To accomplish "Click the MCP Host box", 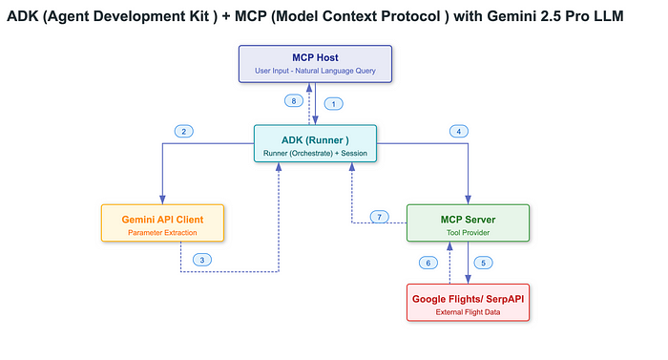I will point(315,63).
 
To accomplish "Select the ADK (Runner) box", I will point(315,143).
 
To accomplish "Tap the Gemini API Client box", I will point(162,223).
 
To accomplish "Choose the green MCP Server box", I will point(467,223).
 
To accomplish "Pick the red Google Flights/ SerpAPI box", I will point(467,303).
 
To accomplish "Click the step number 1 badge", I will point(333,102).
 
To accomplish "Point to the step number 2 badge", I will point(185,131).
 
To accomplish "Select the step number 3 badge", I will point(201,259).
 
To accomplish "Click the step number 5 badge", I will point(483,263).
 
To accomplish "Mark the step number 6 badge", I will point(428,263).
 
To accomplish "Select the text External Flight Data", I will point(467,312).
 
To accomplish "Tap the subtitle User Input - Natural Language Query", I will point(315,73).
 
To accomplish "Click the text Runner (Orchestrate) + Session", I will point(315,153).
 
